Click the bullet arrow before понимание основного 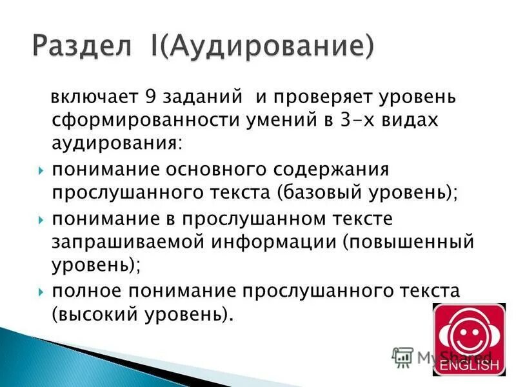[x=41, y=172]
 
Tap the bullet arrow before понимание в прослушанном [x=41, y=219]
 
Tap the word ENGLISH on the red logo [x=469, y=366]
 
